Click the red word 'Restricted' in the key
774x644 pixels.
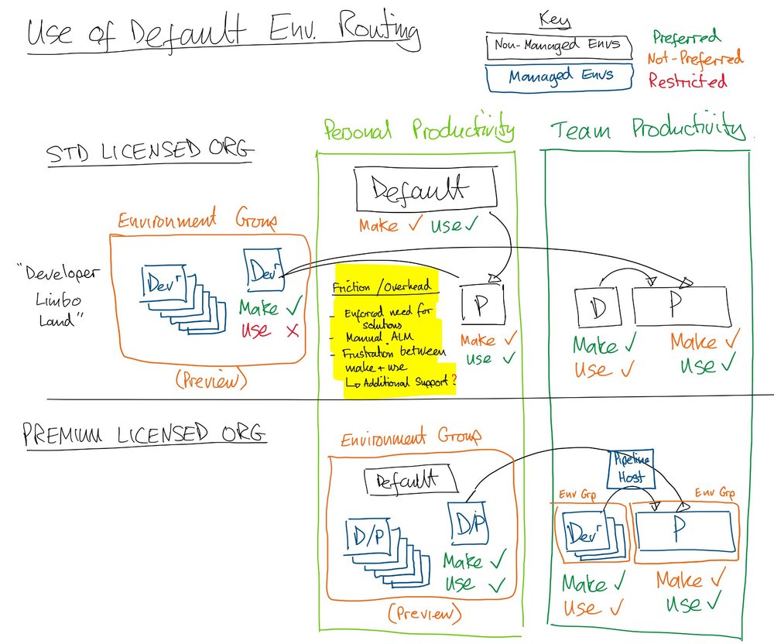point(687,80)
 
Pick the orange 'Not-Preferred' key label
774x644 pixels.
point(694,57)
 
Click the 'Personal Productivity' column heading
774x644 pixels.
point(417,129)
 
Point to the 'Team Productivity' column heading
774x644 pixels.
point(649,129)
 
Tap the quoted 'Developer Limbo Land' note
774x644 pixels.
point(48,296)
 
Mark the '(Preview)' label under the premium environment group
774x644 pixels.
point(424,614)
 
